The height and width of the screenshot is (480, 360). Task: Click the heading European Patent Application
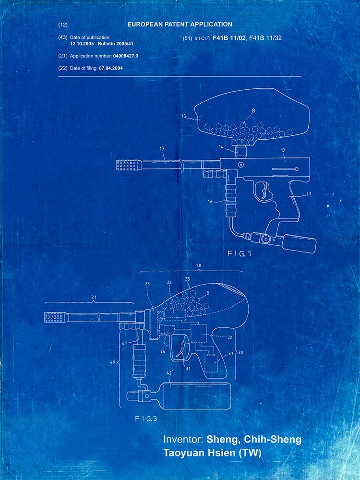coord(180,24)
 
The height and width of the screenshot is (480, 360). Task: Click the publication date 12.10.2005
coord(82,44)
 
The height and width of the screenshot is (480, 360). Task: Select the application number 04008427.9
coord(125,56)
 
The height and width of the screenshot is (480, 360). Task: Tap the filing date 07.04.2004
coord(110,68)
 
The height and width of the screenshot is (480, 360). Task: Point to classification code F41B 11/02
coord(228,38)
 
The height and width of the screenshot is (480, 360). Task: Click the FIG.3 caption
coord(146,419)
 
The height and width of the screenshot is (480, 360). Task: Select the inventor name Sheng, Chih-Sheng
coord(254,440)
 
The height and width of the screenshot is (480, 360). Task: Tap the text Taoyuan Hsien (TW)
coord(212,453)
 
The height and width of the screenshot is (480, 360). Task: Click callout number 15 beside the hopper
coord(183,116)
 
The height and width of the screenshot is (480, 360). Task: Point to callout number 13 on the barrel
coord(162,149)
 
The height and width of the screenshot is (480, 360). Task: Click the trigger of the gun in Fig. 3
coord(182,346)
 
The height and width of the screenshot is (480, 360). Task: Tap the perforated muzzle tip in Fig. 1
coord(129,165)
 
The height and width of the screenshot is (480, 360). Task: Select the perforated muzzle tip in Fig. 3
coord(57,317)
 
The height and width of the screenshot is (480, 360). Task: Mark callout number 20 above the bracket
coord(198,266)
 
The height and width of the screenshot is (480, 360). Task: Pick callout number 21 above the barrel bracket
coord(94,297)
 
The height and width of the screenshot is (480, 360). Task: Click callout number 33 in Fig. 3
coord(230,354)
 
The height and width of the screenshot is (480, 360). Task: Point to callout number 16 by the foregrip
coord(210,202)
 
